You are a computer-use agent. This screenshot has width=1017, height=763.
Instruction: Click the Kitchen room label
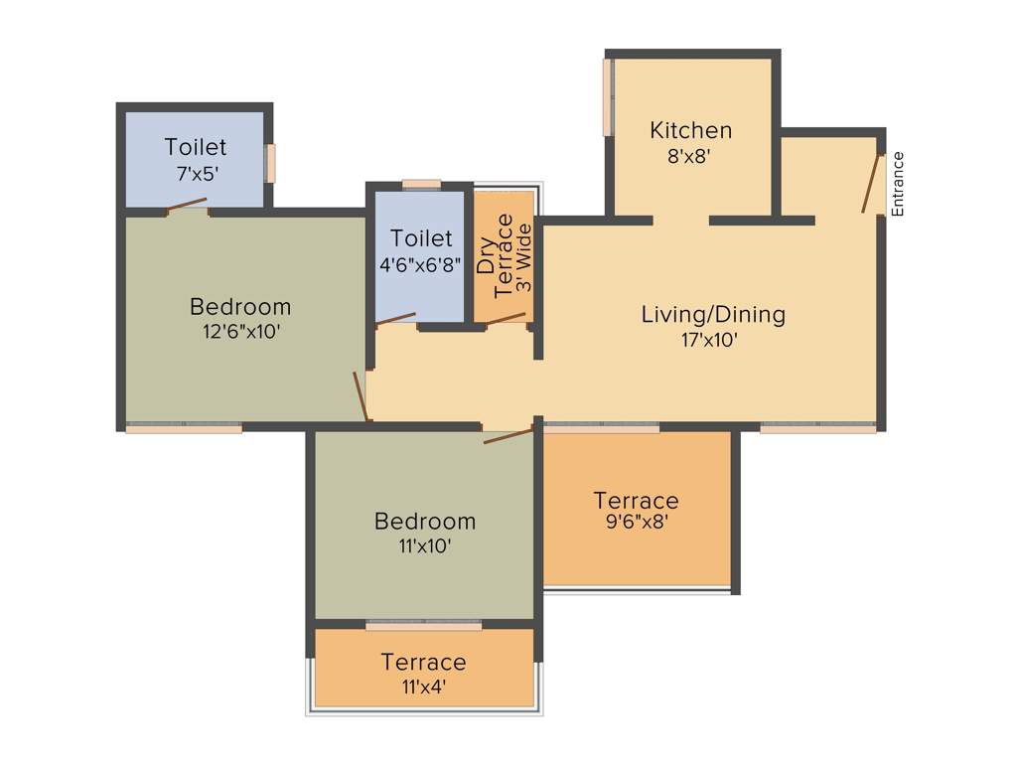point(690,130)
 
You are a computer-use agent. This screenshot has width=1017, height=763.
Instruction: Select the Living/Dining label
point(713,315)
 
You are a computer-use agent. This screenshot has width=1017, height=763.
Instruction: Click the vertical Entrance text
point(898,184)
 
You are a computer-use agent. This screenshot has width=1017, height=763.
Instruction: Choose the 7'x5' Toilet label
point(196,147)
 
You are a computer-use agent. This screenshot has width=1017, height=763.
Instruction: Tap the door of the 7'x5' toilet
point(187,206)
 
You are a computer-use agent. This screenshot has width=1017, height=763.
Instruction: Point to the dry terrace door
point(506,319)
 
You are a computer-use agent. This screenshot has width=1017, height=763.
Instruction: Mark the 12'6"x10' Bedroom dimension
point(240,332)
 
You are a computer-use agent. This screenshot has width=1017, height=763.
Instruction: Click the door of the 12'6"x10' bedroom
point(362,395)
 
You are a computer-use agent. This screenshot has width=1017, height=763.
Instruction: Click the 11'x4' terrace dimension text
point(423,687)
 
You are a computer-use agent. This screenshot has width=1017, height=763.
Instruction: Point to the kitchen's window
point(607,97)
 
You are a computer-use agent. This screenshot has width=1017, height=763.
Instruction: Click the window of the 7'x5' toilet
point(270,163)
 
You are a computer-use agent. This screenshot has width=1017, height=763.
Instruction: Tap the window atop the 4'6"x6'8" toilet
point(421,184)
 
